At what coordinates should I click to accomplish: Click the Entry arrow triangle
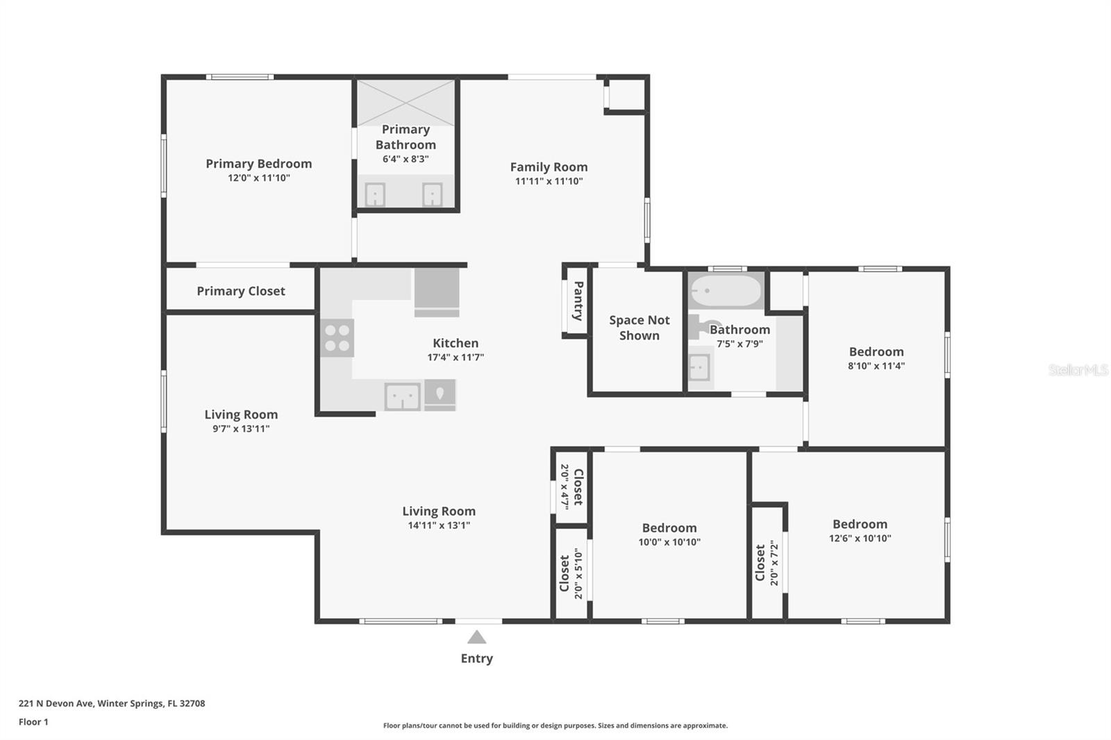476,637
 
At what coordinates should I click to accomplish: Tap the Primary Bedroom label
258,164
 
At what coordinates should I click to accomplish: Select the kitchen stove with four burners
337,338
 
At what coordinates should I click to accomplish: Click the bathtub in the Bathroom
725,291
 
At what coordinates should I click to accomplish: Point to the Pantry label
577,301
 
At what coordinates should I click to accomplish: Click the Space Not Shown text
639,328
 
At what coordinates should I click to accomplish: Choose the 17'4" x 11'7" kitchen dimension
456,358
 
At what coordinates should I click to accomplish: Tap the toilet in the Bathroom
701,326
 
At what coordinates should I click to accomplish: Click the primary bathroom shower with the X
406,102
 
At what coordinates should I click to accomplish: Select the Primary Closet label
240,291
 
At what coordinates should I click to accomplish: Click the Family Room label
549,167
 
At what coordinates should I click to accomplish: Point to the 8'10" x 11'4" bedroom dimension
876,366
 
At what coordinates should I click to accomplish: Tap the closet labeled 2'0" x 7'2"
767,562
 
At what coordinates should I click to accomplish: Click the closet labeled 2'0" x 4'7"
571,485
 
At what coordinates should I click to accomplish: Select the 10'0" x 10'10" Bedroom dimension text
669,542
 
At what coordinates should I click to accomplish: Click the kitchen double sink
403,397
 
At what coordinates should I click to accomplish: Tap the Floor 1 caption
33,722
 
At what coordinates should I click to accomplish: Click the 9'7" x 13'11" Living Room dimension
241,429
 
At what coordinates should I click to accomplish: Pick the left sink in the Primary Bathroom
375,194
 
